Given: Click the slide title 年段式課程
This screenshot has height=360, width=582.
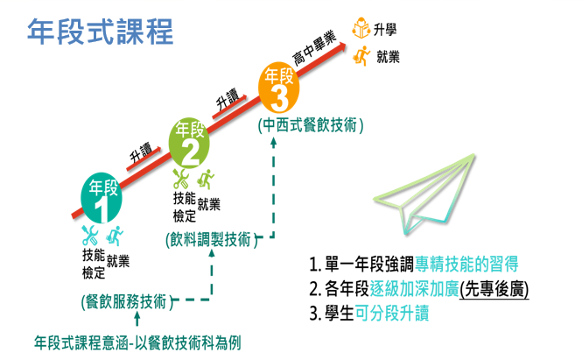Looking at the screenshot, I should (x=100, y=32).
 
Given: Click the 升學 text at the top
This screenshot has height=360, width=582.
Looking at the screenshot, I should (x=385, y=30).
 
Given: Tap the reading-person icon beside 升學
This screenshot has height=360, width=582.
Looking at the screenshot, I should (x=360, y=29).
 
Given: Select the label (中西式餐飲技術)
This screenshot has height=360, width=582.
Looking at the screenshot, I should (x=311, y=126).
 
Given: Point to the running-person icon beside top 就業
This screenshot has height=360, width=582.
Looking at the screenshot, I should (x=360, y=57).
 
